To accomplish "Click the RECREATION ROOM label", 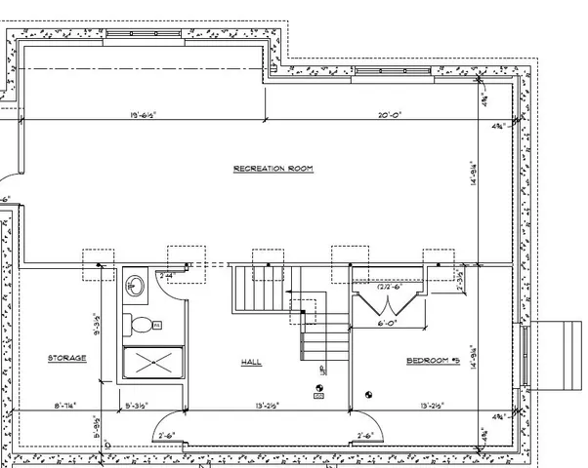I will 273,169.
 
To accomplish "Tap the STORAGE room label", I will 67,359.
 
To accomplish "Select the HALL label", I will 251,362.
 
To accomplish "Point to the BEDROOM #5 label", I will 433,361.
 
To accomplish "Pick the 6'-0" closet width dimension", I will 387,324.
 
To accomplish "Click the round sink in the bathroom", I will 135,286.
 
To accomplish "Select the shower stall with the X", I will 152,366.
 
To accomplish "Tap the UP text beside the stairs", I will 322,370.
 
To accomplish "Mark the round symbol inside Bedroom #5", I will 369,394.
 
